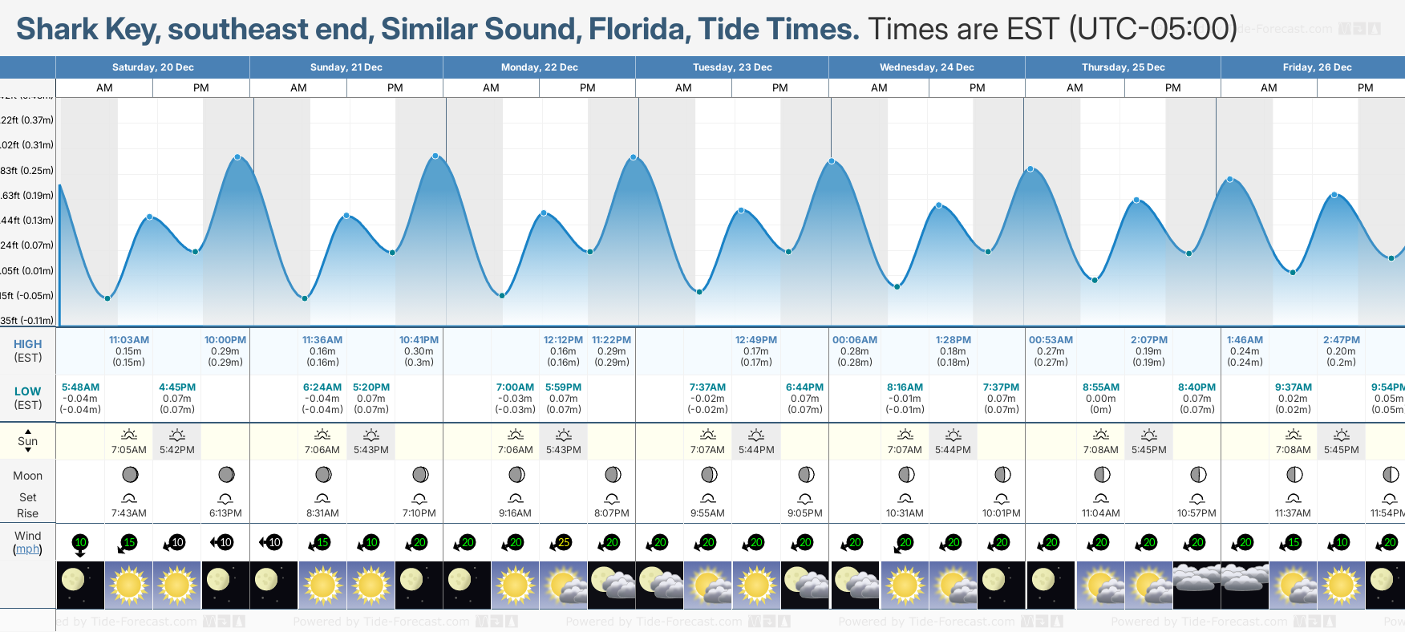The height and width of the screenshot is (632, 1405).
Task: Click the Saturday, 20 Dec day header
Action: point(152,67)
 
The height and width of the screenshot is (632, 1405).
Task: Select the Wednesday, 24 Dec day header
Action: point(926,67)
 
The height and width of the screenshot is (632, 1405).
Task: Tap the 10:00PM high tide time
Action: point(225,340)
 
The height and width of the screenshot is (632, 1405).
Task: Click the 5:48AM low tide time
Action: point(80,387)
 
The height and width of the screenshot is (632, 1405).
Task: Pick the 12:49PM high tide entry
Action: point(756,340)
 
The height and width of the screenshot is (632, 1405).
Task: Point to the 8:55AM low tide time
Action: point(1101,387)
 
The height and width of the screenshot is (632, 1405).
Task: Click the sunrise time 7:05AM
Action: point(128,450)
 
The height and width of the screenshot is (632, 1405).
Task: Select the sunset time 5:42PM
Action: point(177,450)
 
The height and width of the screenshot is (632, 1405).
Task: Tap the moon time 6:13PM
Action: point(225,513)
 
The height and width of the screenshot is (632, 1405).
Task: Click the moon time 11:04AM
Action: point(1101,513)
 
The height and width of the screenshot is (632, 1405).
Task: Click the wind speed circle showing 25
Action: point(564,543)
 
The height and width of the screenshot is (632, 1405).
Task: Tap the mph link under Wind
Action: point(27,549)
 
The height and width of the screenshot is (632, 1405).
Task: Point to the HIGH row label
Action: point(27,344)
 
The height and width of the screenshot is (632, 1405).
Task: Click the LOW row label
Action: point(27,391)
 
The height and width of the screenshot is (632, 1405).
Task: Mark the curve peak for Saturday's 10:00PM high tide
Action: point(237,157)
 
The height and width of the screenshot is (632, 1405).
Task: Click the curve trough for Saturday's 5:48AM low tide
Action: point(107,298)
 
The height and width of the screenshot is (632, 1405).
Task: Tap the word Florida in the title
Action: point(638,29)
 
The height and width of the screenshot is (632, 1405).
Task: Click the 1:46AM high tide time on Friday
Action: point(1245,340)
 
